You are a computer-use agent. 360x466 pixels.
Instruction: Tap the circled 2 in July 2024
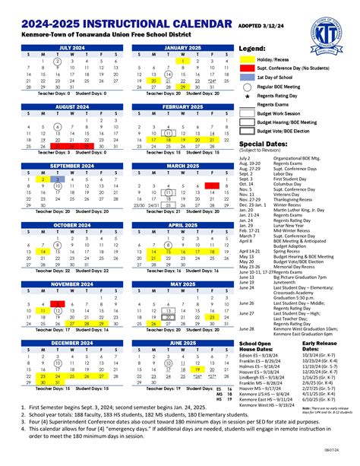point(43,60)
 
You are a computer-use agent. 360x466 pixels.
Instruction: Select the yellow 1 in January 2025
point(182,60)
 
